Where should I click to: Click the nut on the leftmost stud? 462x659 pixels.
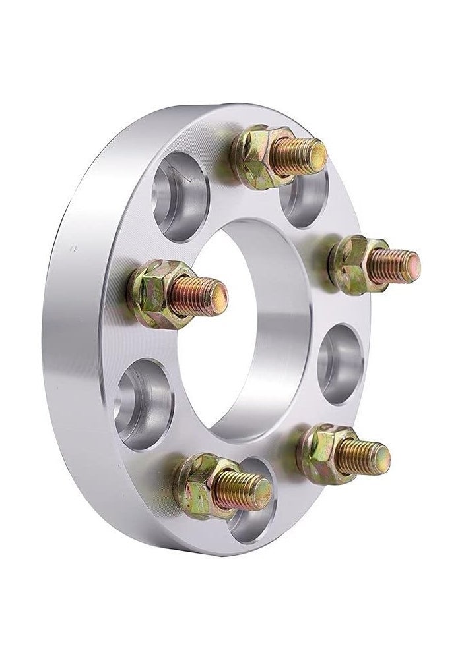coord(156,294)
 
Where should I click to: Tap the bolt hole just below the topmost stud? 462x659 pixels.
coord(305,198)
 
